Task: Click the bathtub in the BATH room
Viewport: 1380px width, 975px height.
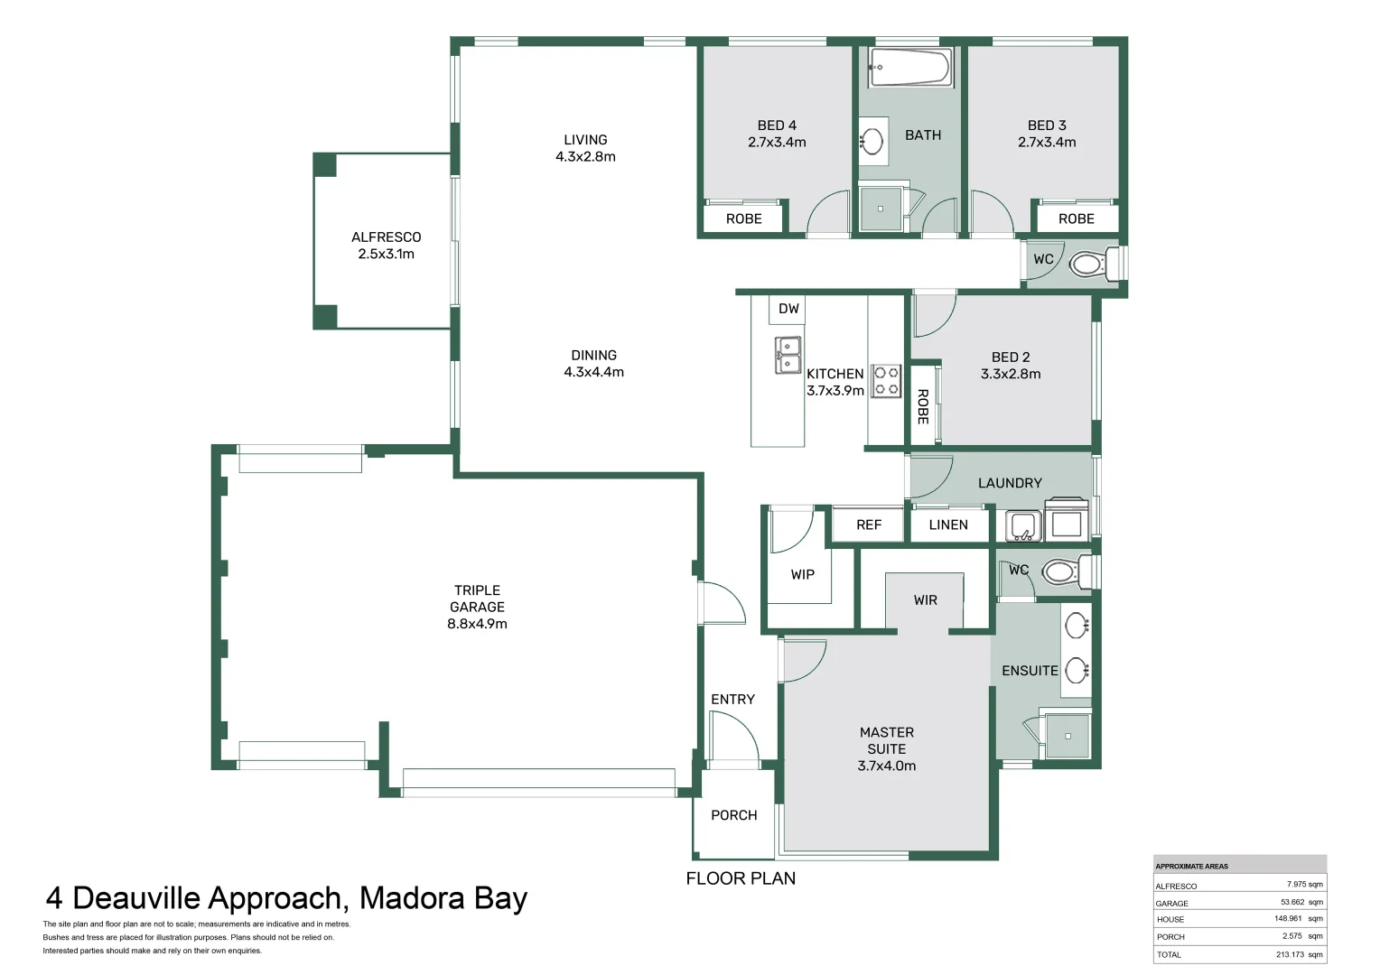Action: pos(910,68)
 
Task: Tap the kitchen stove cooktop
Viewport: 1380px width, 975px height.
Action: pos(886,381)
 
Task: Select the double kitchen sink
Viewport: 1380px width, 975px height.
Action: pos(788,355)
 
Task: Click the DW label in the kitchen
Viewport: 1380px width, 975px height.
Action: pos(788,309)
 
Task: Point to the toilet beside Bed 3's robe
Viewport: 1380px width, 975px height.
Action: pos(1088,265)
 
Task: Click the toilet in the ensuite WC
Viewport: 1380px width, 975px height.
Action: pos(1060,571)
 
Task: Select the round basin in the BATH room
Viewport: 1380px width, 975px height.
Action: pos(872,142)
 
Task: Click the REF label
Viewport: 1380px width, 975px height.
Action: pos(868,525)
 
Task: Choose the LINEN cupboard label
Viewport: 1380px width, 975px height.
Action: pos(947,525)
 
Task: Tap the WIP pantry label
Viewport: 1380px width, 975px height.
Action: pos(802,574)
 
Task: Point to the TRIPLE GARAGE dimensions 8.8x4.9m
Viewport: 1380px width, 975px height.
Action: pos(477,624)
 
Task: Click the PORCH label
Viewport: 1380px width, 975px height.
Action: pos(733,815)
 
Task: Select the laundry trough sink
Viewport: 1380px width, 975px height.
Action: pos(1023,525)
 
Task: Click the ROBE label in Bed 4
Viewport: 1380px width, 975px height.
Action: pos(743,218)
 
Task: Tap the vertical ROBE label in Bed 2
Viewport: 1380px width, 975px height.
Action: pos(922,406)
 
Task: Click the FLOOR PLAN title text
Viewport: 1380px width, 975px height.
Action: pos(741,878)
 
